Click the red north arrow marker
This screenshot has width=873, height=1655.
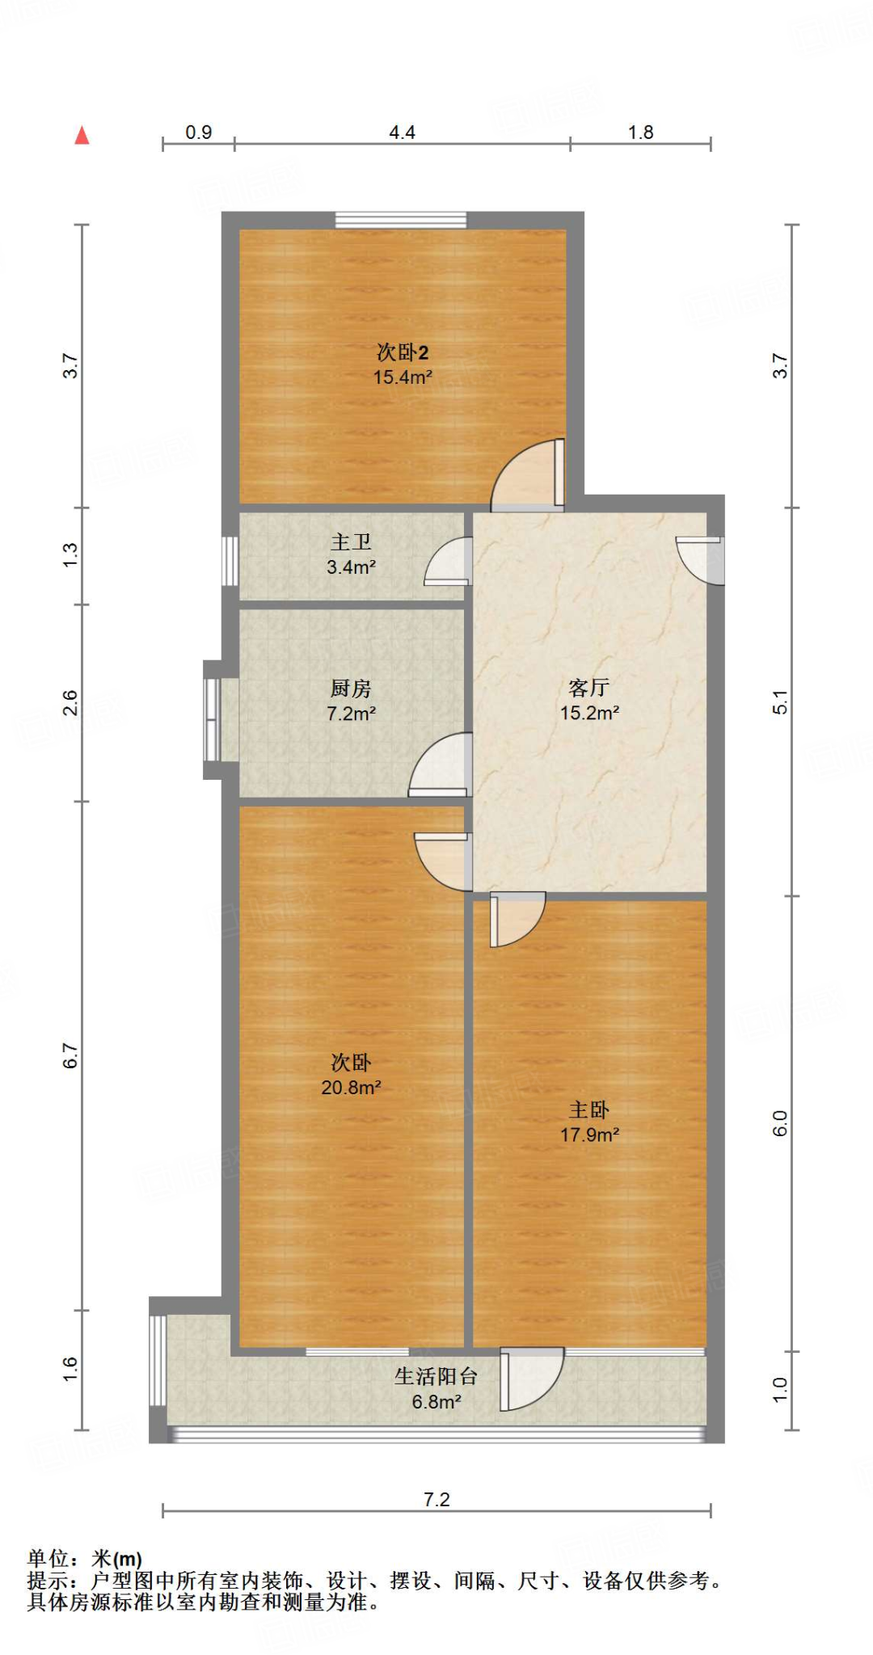click(82, 136)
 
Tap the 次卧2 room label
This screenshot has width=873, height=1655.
click(403, 352)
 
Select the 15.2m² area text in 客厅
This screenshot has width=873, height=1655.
click(589, 713)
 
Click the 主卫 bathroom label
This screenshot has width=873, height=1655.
click(351, 542)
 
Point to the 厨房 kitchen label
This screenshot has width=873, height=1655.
click(351, 689)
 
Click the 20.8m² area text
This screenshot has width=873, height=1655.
click(351, 1088)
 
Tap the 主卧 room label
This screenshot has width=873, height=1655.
click(589, 1110)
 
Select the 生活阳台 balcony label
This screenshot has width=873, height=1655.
click(436, 1376)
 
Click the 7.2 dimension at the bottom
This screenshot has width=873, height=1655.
click(436, 1500)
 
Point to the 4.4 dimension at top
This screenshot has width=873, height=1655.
click(402, 133)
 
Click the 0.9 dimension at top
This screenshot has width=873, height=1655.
click(198, 133)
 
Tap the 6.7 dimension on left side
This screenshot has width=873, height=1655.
click(71, 1055)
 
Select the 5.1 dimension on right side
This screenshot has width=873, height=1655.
click(779, 702)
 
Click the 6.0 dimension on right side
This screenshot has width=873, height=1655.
click(779, 1123)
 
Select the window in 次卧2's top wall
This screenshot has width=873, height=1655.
click(401, 220)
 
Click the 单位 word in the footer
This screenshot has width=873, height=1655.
click(48, 1559)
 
